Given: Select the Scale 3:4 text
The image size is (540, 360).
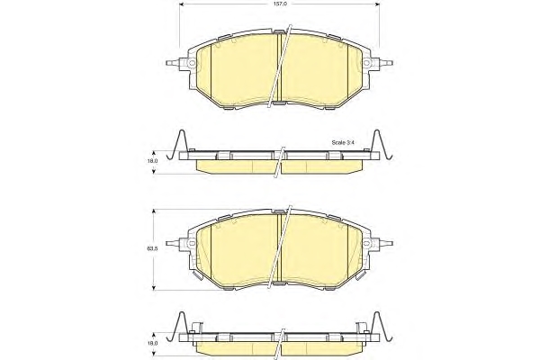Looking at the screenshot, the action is coord(343,142).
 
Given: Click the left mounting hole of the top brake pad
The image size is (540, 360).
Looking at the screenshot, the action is coord(192,63).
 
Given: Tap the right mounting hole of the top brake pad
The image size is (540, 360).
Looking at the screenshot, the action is coord(367,63).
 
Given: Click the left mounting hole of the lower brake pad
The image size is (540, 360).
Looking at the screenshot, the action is coord(192,243).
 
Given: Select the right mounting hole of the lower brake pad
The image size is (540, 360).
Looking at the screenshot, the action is coord(367,243).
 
